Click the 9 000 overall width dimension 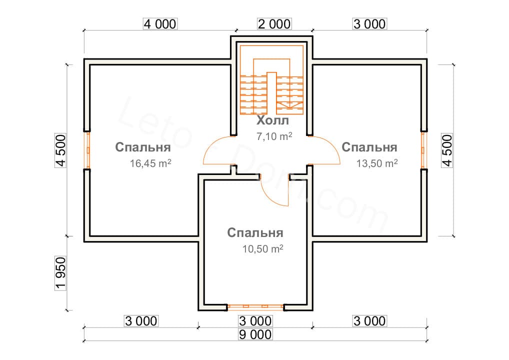tap(255, 334)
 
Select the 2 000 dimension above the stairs tap(274, 24)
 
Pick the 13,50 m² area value tap(377, 163)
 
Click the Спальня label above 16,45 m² tap(143, 147)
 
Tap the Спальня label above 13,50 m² tap(369, 147)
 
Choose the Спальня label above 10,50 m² tap(255, 233)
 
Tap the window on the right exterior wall tap(423, 149)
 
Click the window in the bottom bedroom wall tap(255, 306)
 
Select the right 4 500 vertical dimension tap(447, 149)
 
